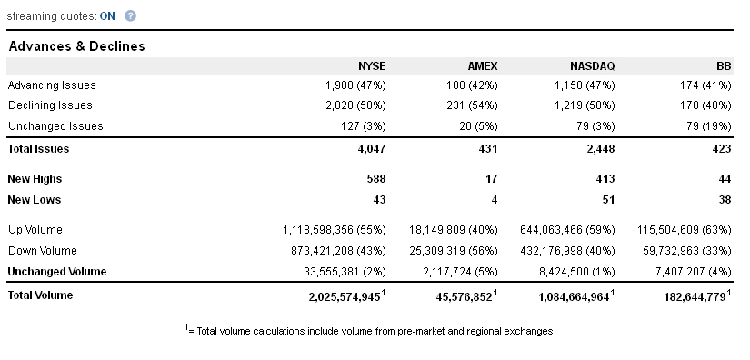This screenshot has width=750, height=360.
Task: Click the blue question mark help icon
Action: click(130, 15)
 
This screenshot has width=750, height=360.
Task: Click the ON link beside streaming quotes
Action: click(107, 16)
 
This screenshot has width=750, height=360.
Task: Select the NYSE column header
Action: click(372, 66)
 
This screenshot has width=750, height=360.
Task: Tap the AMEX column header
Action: click(483, 66)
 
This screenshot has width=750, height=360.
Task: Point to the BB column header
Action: click(725, 66)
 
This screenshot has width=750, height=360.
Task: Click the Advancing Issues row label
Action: click(52, 85)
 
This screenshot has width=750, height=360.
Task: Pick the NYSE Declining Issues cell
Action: click(355, 105)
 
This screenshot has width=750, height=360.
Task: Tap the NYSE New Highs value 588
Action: click(376, 179)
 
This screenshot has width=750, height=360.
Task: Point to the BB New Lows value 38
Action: click(725, 200)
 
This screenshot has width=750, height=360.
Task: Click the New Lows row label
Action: click(35, 200)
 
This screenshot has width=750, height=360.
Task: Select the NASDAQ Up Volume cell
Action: click(568, 230)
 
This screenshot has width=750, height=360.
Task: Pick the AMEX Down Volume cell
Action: click(454, 251)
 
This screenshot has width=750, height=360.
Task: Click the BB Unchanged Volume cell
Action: click(694, 272)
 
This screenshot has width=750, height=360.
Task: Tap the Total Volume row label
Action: click(41, 295)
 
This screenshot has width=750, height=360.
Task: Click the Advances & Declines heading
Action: click(77, 46)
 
